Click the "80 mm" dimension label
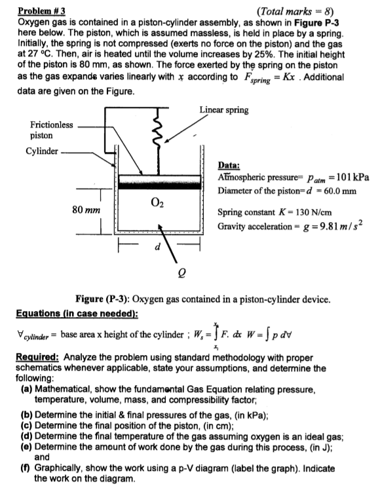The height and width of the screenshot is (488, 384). point(86,210)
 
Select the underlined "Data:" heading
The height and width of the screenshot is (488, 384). point(230,166)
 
